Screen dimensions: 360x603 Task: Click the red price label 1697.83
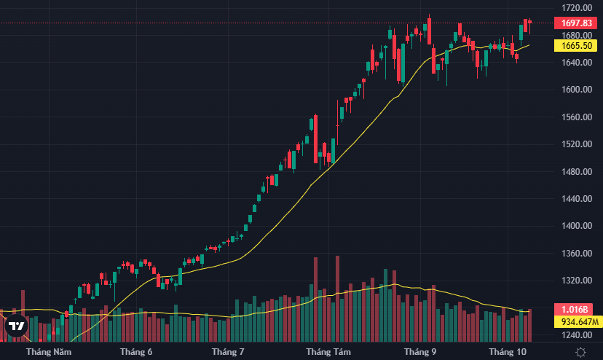(x=578, y=23)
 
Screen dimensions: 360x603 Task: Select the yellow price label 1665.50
(x=578, y=45)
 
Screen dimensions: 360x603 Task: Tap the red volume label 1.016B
(x=578, y=309)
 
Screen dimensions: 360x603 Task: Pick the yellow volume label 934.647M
(x=578, y=322)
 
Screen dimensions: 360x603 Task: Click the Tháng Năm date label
(x=49, y=352)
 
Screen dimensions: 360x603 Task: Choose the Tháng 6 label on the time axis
(x=136, y=352)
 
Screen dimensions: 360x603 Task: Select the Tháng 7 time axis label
(x=228, y=352)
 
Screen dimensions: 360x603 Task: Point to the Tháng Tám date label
(x=328, y=352)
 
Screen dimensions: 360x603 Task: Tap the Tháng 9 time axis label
(x=420, y=352)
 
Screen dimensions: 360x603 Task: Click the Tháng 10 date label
(x=508, y=352)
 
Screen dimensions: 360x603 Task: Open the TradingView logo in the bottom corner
(x=17, y=326)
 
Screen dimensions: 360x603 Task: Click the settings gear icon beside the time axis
(x=580, y=352)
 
